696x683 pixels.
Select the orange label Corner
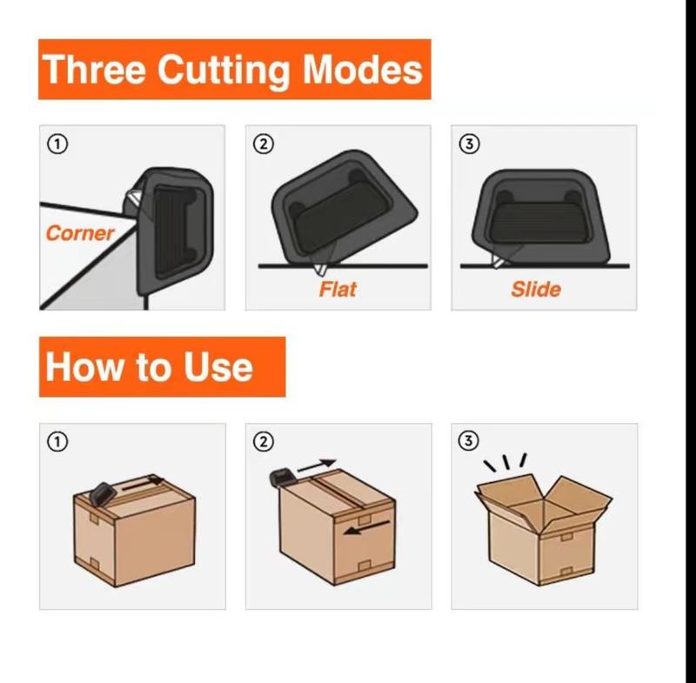pyautogui.click(x=80, y=233)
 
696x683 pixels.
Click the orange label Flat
pyautogui.click(x=338, y=289)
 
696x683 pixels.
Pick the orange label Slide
pyautogui.click(x=536, y=289)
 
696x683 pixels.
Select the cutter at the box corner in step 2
pyautogui.click(x=283, y=477)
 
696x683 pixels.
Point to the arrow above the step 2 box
pyautogui.click(x=317, y=465)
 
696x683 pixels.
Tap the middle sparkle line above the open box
pyautogui.click(x=510, y=458)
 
